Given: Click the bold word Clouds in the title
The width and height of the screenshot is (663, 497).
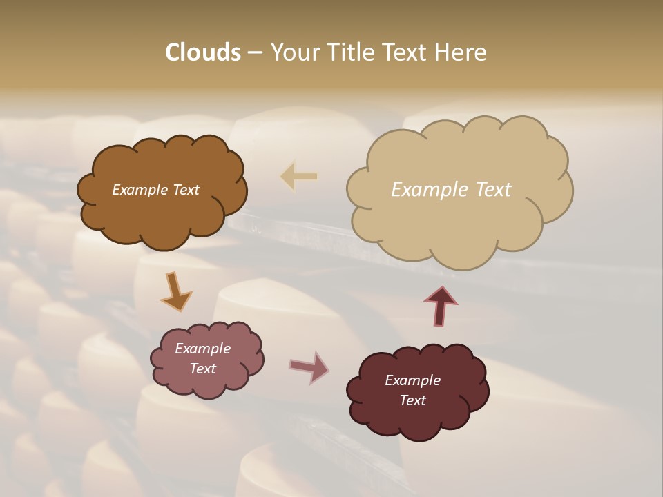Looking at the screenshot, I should [202, 52].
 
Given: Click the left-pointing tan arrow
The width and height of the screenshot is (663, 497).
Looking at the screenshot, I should [299, 177].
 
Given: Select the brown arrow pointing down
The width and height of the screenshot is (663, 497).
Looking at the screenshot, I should [175, 291].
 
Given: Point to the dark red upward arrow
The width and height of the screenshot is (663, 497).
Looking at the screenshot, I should [440, 305].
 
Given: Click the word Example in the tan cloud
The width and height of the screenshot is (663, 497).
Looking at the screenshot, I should [423, 190].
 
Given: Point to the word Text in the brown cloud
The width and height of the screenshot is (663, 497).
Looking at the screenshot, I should [185, 190].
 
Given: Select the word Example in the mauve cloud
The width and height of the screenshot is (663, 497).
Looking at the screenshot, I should [202, 349].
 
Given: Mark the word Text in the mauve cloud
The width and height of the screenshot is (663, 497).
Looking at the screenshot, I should [202, 369].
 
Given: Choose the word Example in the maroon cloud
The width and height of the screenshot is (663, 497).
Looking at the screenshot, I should [412, 380].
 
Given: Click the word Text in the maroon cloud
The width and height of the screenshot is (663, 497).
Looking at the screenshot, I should [412, 400].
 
